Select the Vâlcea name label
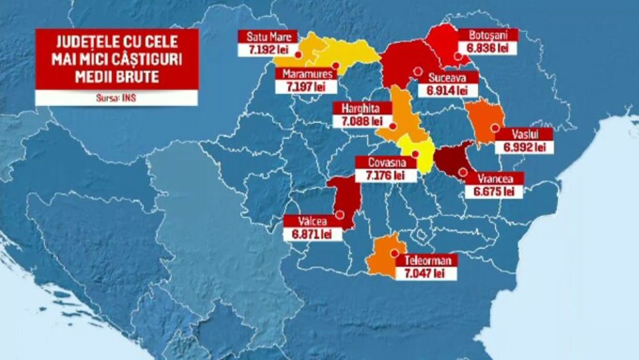tap(311, 222)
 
